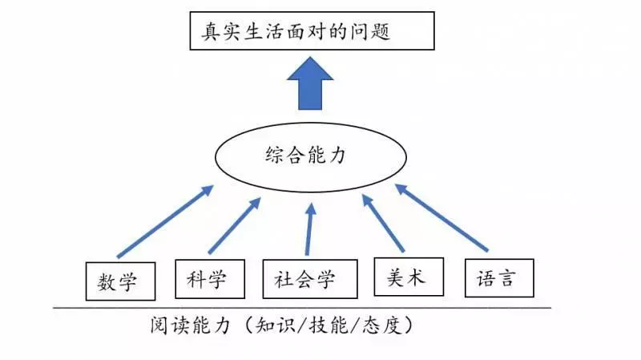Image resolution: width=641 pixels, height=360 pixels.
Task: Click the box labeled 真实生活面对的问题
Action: (x=312, y=31)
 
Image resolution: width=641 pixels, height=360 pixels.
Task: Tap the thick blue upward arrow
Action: (x=310, y=83)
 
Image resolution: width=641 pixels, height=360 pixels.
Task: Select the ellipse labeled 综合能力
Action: (x=311, y=157)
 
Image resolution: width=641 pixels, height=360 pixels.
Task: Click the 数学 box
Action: (x=121, y=281)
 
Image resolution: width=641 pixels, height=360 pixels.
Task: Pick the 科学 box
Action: (x=210, y=279)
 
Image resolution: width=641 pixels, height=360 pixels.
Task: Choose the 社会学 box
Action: (x=310, y=279)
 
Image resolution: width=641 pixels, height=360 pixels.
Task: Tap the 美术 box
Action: (x=409, y=277)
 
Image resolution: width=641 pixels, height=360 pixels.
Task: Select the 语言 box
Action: (x=499, y=277)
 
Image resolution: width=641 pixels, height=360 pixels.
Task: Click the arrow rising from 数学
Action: (x=165, y=221)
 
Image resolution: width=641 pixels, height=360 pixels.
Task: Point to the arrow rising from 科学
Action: (x=235, y=225)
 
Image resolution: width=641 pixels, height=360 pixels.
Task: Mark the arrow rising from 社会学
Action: (x=309, y=229)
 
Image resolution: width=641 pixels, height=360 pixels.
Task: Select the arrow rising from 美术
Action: (x=383, y=223)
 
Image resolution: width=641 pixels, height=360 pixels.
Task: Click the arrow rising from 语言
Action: (x=441, y=217)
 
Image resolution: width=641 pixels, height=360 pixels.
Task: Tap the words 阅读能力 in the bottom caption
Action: (x=190, y=326)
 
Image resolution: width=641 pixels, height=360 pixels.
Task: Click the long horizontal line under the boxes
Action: (x=302, y=308)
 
